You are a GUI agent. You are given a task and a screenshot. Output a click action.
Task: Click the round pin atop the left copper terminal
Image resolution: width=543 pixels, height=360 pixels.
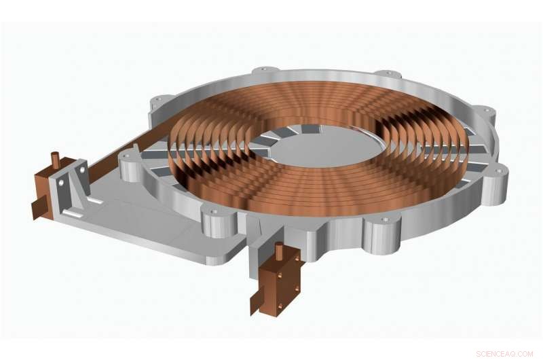55,160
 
